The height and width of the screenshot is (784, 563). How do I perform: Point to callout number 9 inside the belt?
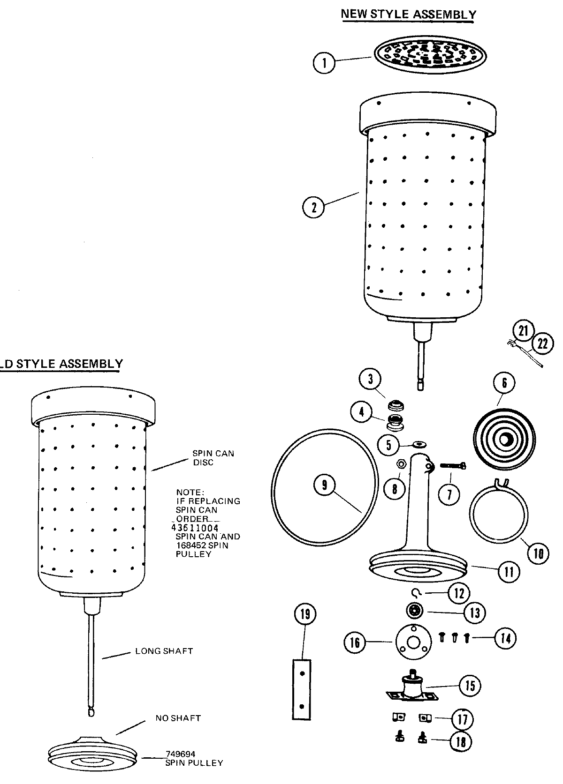[325, 486]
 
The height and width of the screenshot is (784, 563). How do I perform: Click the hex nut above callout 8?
[402, 464]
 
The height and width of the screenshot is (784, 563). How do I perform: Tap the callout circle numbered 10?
[538, 553]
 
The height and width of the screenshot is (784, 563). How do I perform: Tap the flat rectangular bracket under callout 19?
[302, 688]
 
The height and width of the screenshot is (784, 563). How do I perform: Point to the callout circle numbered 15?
[470, 686]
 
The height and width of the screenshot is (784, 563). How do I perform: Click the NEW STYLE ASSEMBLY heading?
[408, 14]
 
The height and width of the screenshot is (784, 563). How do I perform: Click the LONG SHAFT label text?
[164, 651]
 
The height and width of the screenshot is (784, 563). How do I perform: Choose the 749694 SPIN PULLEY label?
[194, 758]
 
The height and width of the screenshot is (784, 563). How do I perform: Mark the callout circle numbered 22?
[542, 344]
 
